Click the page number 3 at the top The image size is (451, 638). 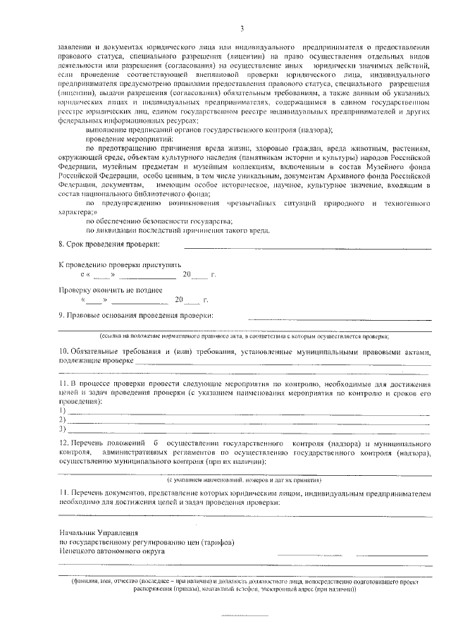241,28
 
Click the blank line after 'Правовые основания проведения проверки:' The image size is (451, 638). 338,319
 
